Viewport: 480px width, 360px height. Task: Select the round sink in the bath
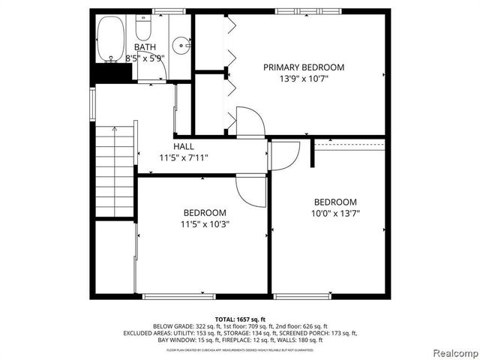181,46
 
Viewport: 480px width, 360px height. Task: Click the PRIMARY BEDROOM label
304,67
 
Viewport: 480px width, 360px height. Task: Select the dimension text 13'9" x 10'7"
304,79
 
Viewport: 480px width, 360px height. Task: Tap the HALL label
184,146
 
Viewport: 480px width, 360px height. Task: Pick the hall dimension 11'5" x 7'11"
184,157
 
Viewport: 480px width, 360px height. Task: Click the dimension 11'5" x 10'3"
204,223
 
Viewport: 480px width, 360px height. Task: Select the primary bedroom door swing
250,121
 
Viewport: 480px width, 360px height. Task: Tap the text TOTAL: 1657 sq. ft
240,319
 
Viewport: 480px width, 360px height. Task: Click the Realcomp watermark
453,352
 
